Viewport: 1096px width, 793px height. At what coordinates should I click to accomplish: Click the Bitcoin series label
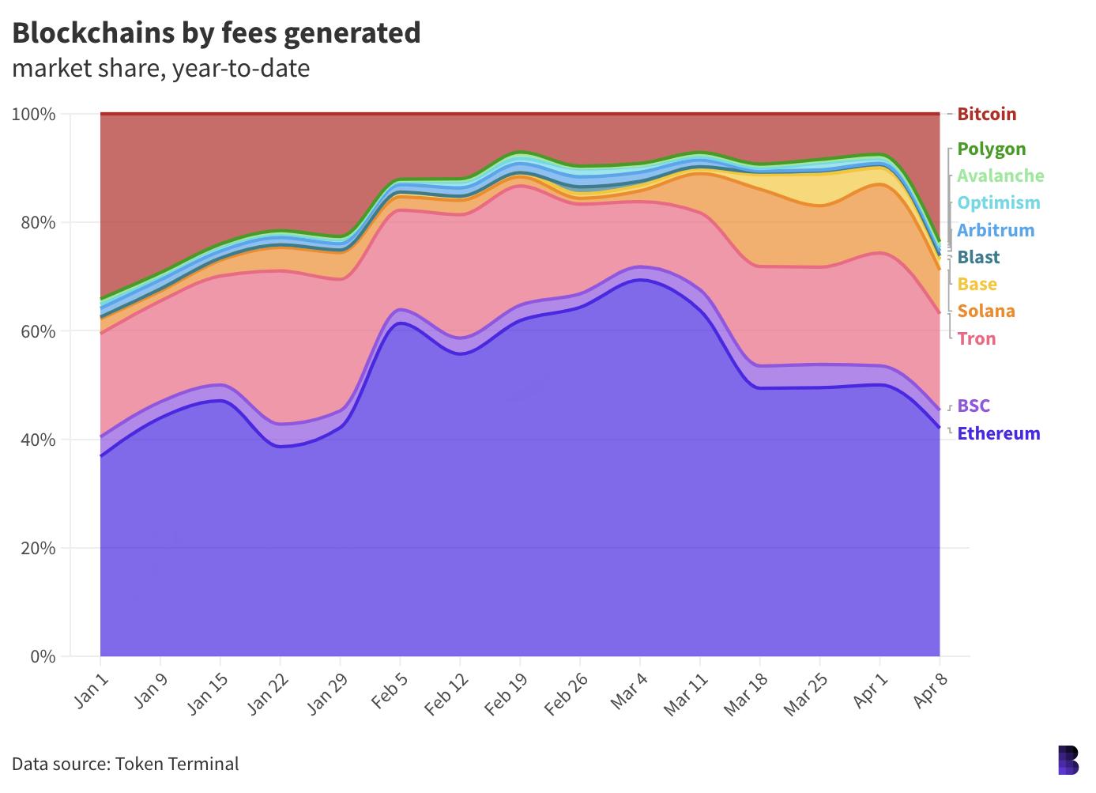[x=986, y=114]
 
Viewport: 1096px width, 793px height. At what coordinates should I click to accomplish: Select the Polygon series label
[x=991, y=149]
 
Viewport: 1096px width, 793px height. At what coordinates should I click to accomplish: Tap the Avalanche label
[x=1000, y=176]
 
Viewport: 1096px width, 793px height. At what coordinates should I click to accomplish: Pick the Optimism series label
[x=998, y=202]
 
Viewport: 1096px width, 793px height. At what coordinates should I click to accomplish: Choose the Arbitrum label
[x=995, y=230]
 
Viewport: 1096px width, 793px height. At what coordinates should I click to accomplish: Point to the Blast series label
[x=978, y=257]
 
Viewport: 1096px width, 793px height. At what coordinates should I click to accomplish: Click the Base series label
[x=977, y=284]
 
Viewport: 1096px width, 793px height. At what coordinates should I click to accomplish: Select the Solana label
[x=985, y=311]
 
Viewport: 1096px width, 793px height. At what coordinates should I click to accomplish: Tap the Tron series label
[x=976, y=338]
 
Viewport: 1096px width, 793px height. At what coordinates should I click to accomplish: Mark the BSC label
[x=973, y=406]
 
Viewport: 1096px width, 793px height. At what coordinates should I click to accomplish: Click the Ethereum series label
[x=998, y=433]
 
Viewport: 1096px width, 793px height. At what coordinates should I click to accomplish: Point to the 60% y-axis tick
[x=33, y=331]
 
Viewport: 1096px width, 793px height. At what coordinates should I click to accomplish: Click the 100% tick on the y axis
[x=33, y=115]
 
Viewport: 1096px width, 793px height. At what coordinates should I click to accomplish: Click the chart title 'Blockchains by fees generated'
[x=216, y=32]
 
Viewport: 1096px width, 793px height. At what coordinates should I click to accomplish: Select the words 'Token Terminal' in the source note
[x=176, y=764]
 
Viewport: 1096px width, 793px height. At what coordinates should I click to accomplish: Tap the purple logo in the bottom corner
[x=1068, y=760]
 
